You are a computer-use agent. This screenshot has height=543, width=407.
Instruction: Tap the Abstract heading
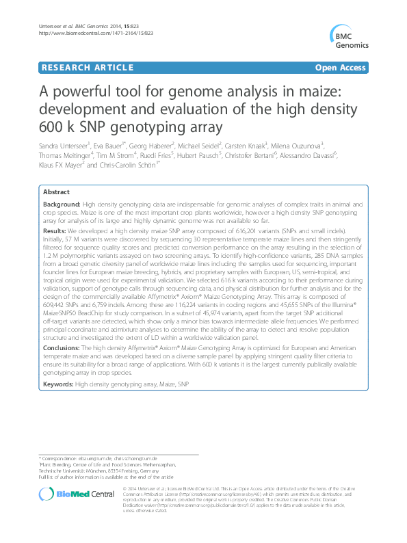pyautogui.click(x=56, y=194)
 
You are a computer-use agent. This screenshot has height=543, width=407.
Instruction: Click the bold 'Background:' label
pyautogui.click(x=62, y=205)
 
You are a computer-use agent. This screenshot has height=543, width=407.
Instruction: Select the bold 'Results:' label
pyautogui.click(x=55, y=232)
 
